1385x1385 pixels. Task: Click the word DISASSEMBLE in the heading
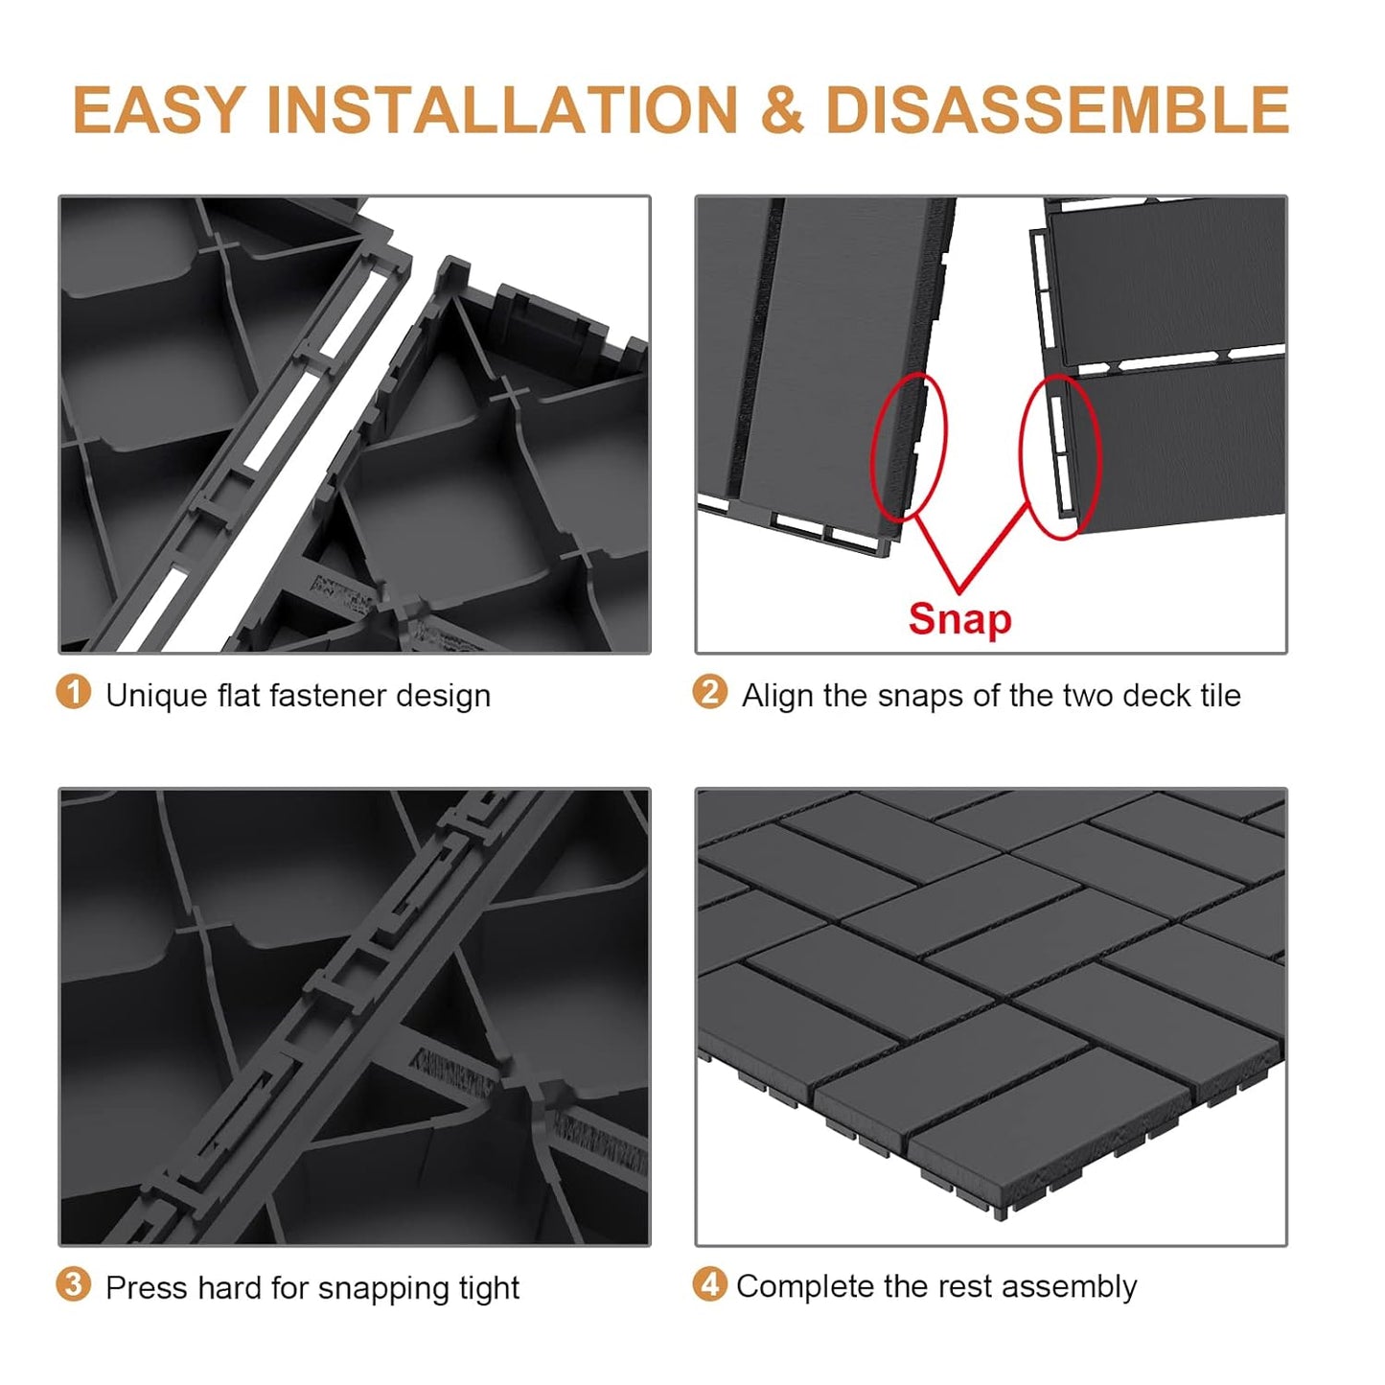coord(1056,110)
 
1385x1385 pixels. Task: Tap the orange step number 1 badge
coord(74,692)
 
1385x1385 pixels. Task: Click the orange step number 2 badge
coord(709,692)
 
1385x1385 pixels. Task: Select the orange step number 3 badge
coord(74,1284)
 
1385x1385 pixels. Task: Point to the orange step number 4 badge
coord(709,1284)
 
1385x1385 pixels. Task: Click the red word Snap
coord(959,619)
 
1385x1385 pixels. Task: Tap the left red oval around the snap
coord(908,447)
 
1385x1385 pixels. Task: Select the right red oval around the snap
coord(1059,456)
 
